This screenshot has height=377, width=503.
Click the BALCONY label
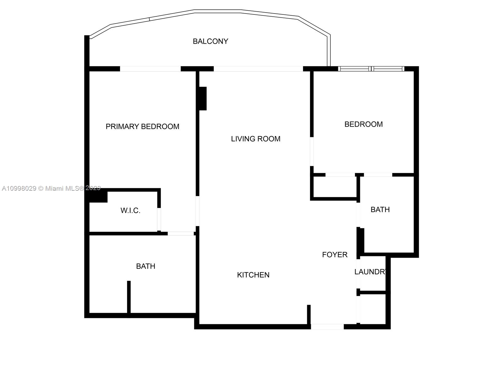tap(210, 41)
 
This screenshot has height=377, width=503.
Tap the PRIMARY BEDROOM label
tap(142, 126)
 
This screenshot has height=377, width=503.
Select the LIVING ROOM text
tap(256, 139)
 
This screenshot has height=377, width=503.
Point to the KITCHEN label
tap(253, 275)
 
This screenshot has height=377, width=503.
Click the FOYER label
tap(335, 254)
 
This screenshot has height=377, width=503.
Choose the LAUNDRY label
tap(370, 272)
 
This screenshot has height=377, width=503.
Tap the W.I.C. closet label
tap(130, 210)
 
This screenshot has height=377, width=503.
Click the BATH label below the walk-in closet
tap(146, 266)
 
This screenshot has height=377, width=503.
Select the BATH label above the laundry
tap(380, 210)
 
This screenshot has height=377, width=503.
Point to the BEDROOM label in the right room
tap(363, 124)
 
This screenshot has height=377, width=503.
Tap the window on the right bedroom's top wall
tap(371, 69)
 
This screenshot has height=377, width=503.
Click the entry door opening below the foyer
tap(327, 327)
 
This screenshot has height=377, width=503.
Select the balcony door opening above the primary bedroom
tap(150, 69)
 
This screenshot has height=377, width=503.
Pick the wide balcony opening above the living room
tap(258, 69)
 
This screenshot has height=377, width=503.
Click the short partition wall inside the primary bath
tap(129, 297)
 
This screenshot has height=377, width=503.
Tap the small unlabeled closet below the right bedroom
tap(335, 187)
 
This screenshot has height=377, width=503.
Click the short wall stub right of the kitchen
tap(309, 314)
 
